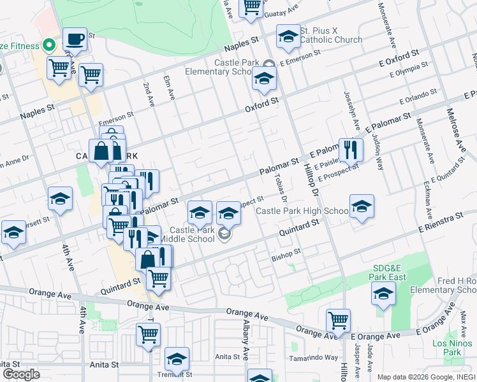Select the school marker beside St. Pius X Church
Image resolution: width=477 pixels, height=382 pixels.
[288, 38]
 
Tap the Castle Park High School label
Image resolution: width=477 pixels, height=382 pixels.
[302, 211]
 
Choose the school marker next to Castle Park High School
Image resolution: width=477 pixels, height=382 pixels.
[362, 207]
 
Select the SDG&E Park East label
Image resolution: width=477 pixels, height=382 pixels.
[388, 272]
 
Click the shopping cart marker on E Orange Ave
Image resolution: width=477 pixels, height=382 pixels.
[337, 320]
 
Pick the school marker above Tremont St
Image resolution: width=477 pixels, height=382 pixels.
[177, 359]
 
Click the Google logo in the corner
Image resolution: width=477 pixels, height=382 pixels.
[21, 374]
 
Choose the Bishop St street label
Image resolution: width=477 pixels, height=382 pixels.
[285, 253]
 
